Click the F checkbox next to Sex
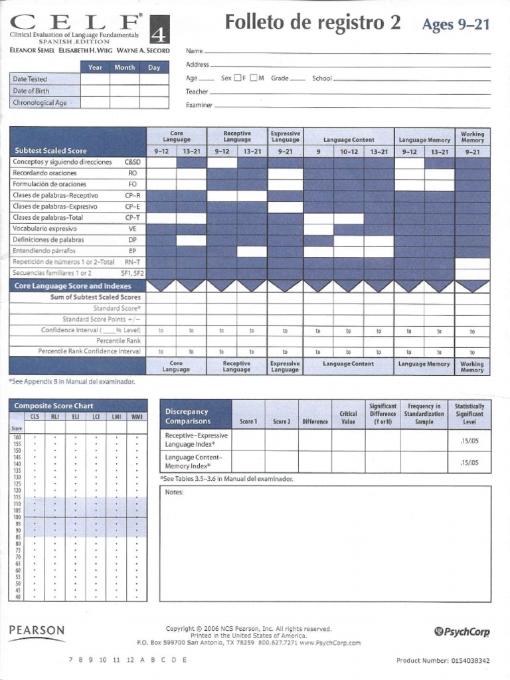point(238,78)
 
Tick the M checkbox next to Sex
point(254,78)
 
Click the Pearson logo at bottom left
point(37,630)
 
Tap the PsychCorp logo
point(462,632)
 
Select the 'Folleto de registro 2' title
point(313,23)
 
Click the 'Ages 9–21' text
point(456,25)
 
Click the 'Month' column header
point(125,68)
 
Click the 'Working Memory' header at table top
point(472,137)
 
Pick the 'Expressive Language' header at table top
point(286,137)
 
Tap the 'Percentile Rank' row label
point(118,341)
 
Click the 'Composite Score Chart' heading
point(54,406)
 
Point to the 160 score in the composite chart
point(17,437)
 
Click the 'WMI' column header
point(137,416)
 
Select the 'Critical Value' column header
point(348,417)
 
